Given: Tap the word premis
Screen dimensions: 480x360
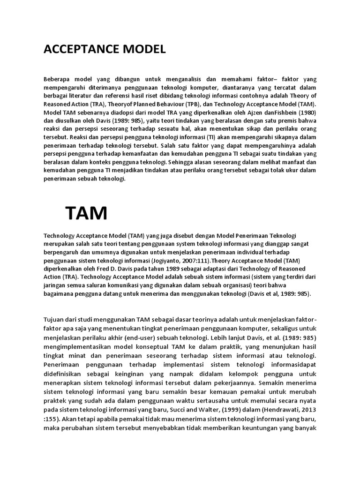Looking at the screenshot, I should [289, 121].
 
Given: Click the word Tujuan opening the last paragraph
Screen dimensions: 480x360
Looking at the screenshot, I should [55, 320].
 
